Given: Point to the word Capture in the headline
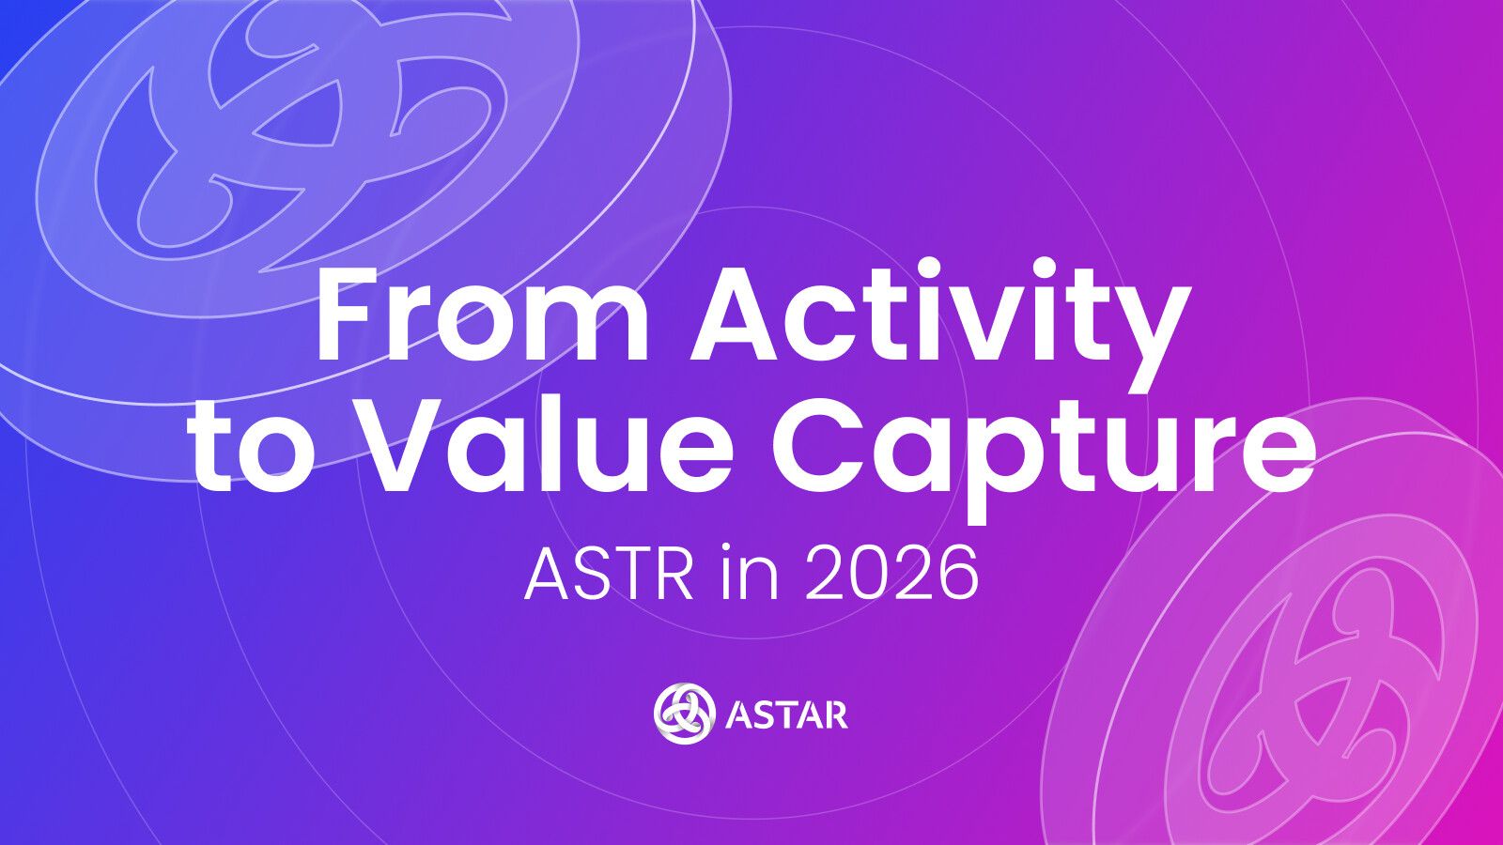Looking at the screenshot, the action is click(x=1044, y=456).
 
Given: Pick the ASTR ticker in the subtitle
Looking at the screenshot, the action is click(x=608, y=574).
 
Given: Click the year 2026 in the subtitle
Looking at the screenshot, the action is click(x=891, y=574).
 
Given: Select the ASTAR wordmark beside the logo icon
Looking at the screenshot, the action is click(x=786, y=714).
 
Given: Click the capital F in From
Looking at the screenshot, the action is click(x=349, y=315).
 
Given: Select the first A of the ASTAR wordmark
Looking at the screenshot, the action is click(x=738, y=714).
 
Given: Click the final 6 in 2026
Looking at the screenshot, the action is click(x=957, y=574).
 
